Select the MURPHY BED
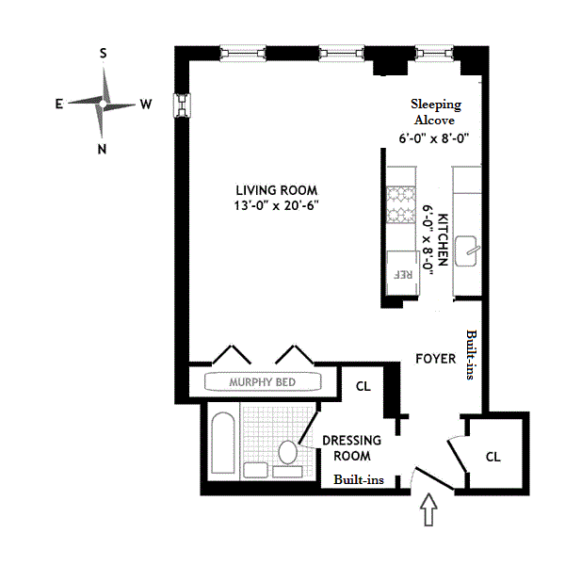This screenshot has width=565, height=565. (x=263, y=382)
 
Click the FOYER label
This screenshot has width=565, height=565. (x=435, y=359)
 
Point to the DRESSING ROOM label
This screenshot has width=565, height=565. (x=351, y=448)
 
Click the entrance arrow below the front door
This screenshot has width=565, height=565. (x=428, y=514)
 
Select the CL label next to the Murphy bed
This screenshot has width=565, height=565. (x=362, y=386)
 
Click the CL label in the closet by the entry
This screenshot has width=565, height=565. (x=492, y=456)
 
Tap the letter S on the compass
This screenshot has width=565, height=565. (x=103, y=53)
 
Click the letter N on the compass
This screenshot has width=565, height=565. (x=103, y=148)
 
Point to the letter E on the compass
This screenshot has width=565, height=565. (x=58, y=105)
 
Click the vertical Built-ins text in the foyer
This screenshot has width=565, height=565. (x=471, y=355)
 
